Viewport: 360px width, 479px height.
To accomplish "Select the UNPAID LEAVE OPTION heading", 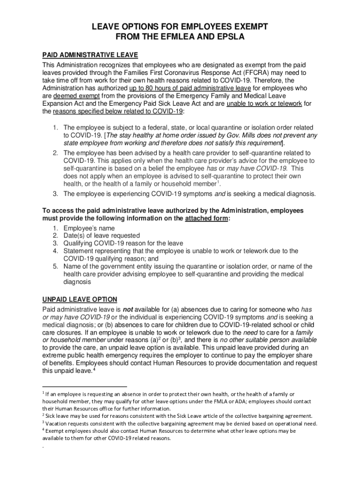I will [79, 299].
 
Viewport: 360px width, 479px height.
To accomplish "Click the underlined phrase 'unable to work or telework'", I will [264, 104].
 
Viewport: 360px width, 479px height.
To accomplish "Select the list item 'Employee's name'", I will [89, 228].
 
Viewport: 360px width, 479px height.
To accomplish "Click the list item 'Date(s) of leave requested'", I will [101, 235].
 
